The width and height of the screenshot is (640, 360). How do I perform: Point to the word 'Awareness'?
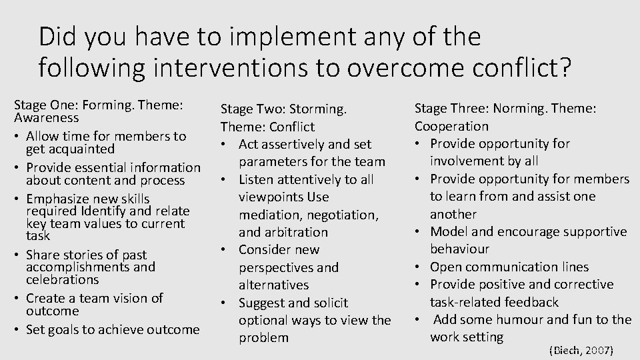(x=46, y=117)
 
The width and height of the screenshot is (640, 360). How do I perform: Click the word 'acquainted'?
(x=71, y=149)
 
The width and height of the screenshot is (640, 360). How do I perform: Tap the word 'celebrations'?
(x=63, y=279)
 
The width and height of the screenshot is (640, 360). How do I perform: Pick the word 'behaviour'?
(x=459, y=249)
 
